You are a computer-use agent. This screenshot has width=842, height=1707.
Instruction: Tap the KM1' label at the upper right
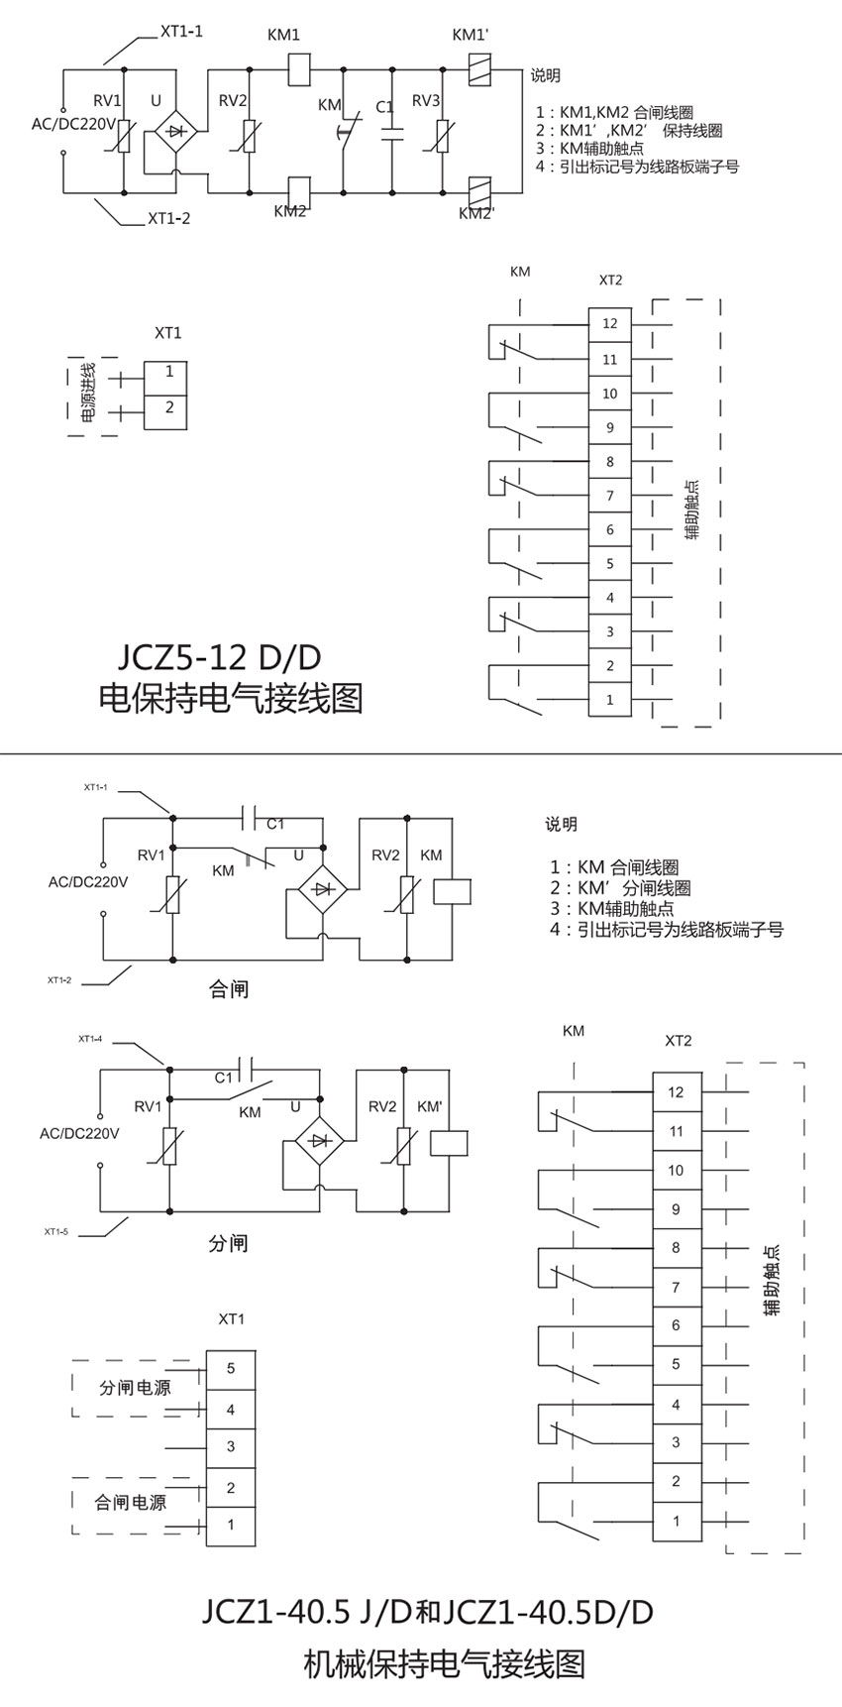pyautogui.click(x=471, y=35)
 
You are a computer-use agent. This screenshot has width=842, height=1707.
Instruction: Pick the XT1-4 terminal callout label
pyautogui.click(x=92, y=1039)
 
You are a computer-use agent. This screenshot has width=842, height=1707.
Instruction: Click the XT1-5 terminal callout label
pyautogui.click(x=57, y=1231)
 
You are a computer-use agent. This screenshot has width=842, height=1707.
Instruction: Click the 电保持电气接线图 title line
pyautogui.click(x=231, y=699)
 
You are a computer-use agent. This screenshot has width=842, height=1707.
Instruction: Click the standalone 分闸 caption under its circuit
pyautogui.click(x=228, y=1243)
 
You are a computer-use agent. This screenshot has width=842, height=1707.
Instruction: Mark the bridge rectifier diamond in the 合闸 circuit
pyautogui.click(x=320, y=888)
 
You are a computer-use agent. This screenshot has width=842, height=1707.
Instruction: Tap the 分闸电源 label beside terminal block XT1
pyautogui.click(x=135, y=1388)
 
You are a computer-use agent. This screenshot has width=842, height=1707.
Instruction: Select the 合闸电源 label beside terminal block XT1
pyautogui.click(x=131, y=1502)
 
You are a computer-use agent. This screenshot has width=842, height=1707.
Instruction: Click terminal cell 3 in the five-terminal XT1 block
pyautogui.click(x=231, y=1446)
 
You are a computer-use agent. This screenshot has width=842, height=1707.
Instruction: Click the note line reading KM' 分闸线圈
pyautogui.click(x=621, y=888)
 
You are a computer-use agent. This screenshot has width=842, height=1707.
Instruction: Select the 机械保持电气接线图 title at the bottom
pyautogui.click(x=444, y=1663)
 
